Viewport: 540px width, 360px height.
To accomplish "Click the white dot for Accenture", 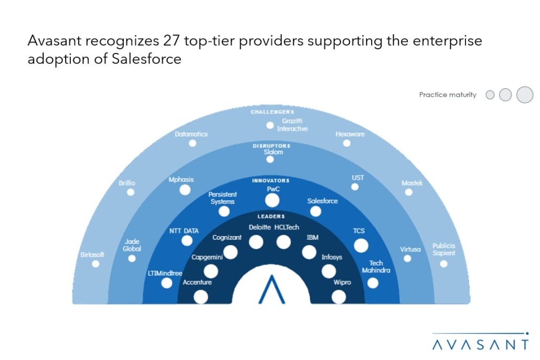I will click(x=201, y=297).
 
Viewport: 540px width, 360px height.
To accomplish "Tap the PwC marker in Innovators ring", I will click(x=272, y=200).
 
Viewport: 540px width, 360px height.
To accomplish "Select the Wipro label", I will click(x=342, y=282).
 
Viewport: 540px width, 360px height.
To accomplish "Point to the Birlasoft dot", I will click(x=95, y=264).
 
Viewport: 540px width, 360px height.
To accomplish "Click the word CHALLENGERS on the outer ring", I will click(x=272, y=112).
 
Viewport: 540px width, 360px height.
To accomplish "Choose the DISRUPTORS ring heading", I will click(x=272, y=145).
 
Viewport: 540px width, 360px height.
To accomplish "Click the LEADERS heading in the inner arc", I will click(x=271, y=216).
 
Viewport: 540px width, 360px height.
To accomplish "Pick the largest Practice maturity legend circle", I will click(x=524, y=95).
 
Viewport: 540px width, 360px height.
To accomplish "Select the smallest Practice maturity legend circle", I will click(x=490, y=95).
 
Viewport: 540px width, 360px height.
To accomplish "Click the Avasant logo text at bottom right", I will click(x=480, y=344).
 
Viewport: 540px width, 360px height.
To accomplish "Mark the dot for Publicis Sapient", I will click(x=444, y=264).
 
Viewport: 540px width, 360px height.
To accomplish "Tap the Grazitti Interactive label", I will click(x=292, y=125).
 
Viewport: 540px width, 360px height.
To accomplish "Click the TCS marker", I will click(x=361, y=245).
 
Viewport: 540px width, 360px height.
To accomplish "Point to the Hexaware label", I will click(x=350, y=134).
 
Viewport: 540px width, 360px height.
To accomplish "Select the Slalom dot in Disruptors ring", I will click(x=270, y=159).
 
